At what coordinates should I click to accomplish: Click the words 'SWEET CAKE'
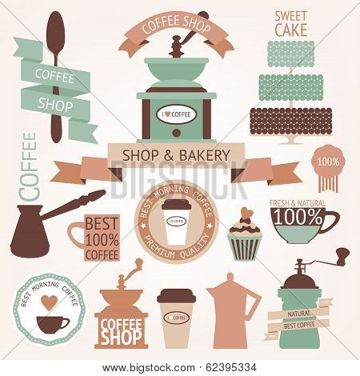click(291, 22)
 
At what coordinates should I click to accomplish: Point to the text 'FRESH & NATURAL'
click(298, 203)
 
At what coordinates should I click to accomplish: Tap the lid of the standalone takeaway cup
click(174, 295)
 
